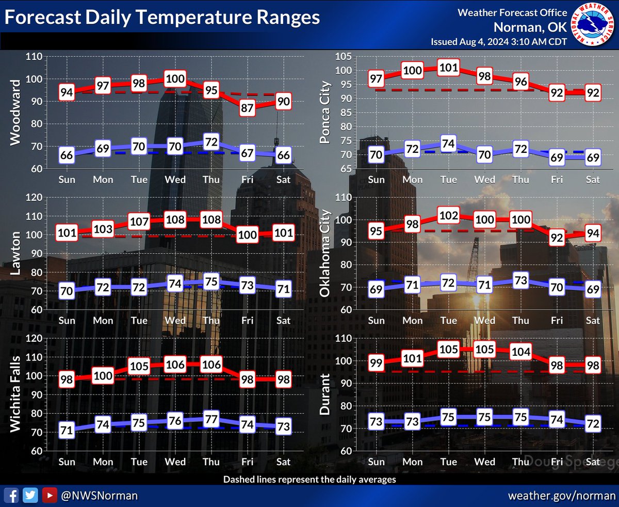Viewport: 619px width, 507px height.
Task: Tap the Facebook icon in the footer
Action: [x=14, y=495]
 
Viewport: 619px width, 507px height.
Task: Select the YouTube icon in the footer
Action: [x=50, y=495]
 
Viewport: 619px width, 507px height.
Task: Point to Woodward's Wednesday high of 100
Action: [x=175, y=80]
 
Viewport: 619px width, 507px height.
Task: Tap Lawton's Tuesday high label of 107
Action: [x=139, y=222]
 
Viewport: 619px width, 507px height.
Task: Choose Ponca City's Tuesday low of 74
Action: [x=449, y=144]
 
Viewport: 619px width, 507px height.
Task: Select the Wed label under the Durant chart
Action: [x=485, y=461]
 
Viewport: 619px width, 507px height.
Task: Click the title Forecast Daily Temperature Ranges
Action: [x=162, y=18]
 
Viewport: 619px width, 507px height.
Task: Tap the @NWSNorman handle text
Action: [x=99, y=495]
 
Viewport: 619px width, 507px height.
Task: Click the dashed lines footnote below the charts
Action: [x=309, y=479]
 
